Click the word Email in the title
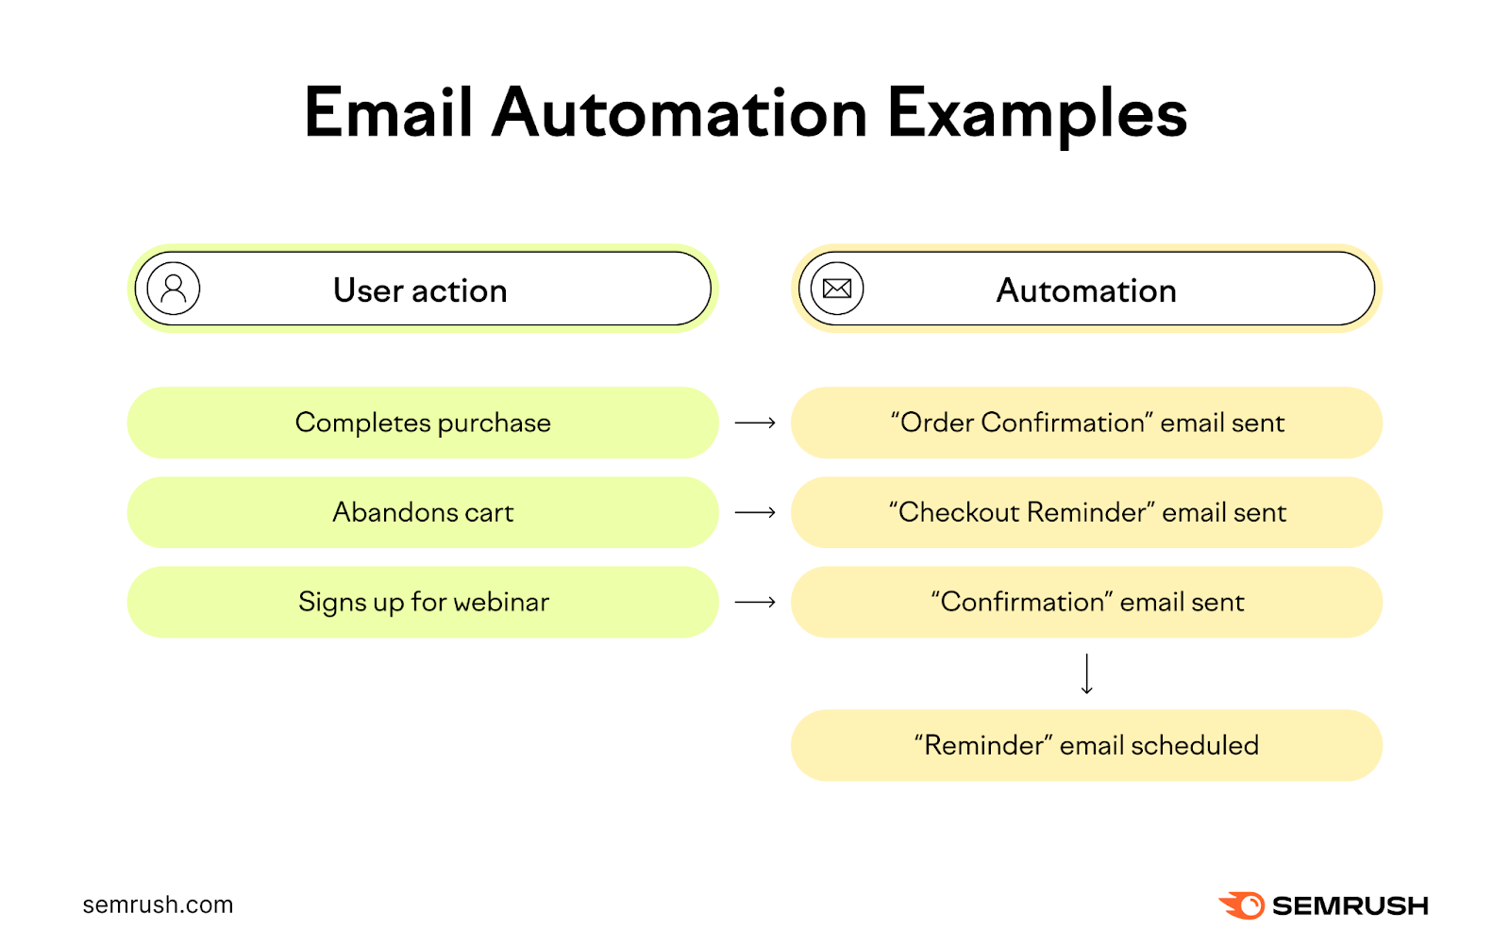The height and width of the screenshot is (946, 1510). [388, 114]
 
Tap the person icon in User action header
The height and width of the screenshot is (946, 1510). [174, 289]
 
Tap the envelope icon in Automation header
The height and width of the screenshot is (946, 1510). [837, 289]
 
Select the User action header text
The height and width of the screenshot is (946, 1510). [420, 290]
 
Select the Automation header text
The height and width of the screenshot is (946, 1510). [1086, 290]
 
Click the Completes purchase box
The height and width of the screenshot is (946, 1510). [423, 423]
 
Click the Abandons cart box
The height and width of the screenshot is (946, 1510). [423, 512]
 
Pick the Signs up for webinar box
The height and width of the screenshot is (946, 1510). [423, 602]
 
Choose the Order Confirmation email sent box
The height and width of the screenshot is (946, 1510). [1086, 423]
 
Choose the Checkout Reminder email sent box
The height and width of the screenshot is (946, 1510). [1086, 512]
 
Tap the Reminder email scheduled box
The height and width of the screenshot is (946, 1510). [1086, 745]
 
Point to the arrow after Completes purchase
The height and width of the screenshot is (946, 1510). [755, 423]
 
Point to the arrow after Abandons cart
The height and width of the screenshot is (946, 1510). [755, 512]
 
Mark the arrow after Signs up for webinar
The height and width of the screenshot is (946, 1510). [755, 602]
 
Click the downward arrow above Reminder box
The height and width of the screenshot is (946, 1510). [1086, 673]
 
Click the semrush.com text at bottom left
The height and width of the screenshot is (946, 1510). [158, 905]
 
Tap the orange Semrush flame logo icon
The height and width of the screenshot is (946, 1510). [1243, 905]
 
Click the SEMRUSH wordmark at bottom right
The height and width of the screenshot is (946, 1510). [1350, 905]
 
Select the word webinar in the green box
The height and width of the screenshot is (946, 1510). [501, 602]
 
